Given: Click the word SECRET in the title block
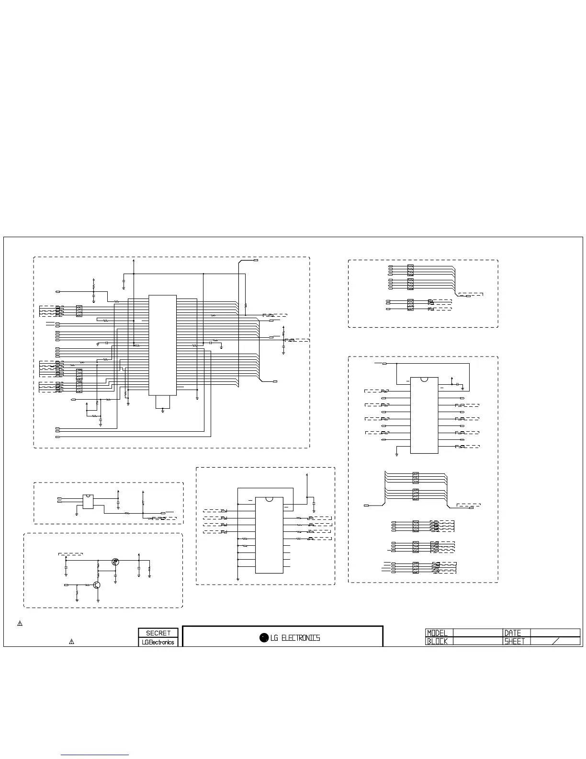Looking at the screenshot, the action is click(x=158, y=633).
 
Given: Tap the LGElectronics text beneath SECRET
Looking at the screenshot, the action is click(x=158, y=642).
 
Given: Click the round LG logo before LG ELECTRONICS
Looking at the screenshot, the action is click(x=264, y=637).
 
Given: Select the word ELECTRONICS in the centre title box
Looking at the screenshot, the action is click(x=301, y=638).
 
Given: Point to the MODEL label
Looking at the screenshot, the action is click(x=437, y=633).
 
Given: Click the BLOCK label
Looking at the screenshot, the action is click(x=437, y=641).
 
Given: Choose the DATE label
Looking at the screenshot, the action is click(x=512, y=633).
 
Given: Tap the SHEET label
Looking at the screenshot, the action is click(x=515, y=641).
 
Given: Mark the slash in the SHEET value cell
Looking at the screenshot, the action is click(x=556, y=641).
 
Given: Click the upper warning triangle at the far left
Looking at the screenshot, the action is click(x=20, y=623).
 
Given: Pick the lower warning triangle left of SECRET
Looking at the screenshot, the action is click(x=71, y=641).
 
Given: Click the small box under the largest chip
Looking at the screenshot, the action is click(x=163, y=402).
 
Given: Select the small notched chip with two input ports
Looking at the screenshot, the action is click(x=88, y=502).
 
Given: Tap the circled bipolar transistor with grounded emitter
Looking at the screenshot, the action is click(x=97, y=585).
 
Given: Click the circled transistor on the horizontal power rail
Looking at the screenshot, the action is click(x=115, y=562).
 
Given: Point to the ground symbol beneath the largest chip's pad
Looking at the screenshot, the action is click(x=163, y=411).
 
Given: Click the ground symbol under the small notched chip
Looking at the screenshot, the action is click(x=77, y=514).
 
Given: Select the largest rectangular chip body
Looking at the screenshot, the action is click(x=163, y=345).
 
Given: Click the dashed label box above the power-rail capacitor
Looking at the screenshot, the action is click(x=70, y=553).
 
